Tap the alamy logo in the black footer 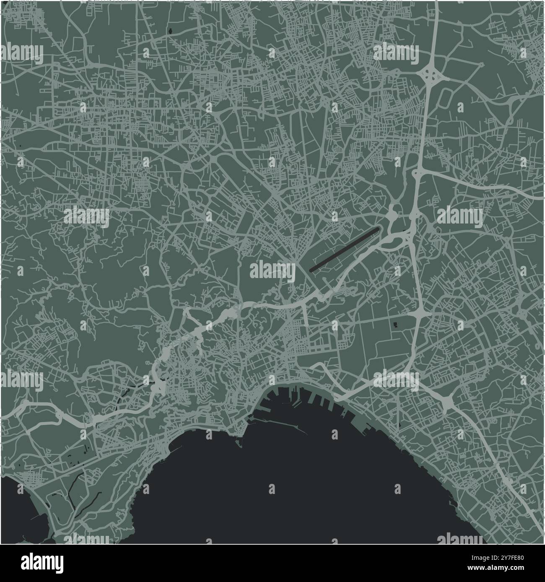(x=43, y=563)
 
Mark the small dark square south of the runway (x=394, y=323)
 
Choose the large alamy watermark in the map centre (x=272, y=270)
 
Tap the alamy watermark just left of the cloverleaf (x=395, y=54)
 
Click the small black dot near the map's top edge (x=171, y=31)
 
